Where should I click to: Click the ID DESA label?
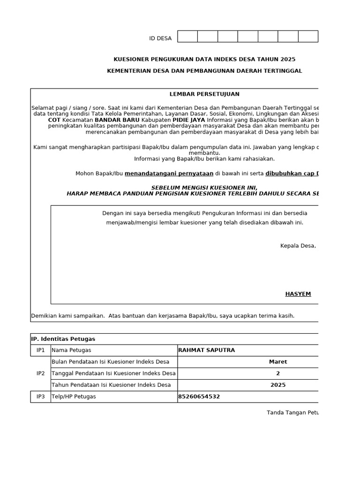coord(160,38)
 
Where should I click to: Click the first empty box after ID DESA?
coord(187,37)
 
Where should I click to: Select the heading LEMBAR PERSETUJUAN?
coord(204,94)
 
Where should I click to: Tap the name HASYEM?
coord(298,294)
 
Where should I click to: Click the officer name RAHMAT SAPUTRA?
coord(207,350)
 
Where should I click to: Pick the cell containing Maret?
coord(278,362)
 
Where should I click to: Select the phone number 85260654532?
coord(199,397)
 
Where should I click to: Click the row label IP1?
coord(41,350)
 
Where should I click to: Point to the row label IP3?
coord(41,397)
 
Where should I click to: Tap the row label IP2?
coord(41,374)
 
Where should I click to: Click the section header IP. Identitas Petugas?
coord(63,339)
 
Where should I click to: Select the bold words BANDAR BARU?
coord(117,120)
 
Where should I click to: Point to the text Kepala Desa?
coord(298,246)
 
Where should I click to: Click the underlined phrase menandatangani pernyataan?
coord(169,173)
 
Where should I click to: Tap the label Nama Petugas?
coord(71,350)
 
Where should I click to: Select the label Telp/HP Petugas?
coord(74,397)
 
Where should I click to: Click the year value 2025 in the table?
coord(278,385)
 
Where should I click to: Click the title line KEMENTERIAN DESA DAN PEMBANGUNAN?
coord(204,71)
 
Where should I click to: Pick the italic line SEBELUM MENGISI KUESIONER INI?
coord(204,187)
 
